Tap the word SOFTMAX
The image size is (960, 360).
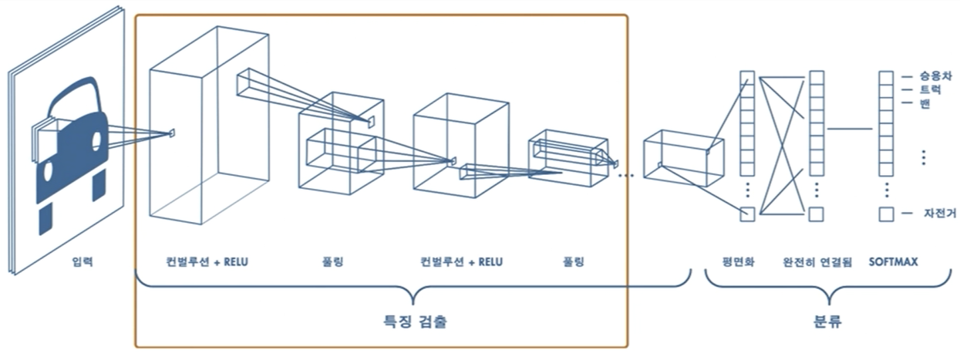point(893,262)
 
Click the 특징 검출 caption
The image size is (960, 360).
point(416,321)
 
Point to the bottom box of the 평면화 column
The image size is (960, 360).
point(746,214)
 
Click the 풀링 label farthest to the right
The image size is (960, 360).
point(573,262)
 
